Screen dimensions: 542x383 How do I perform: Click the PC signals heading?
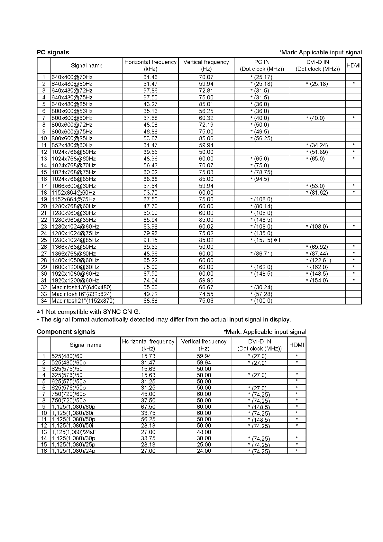pos(53,52)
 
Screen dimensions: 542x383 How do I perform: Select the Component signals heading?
pos(66,332)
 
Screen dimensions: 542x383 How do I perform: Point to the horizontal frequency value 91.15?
pos(150,240)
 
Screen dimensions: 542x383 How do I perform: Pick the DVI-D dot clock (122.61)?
pos(318,260)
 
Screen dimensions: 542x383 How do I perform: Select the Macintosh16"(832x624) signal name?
pos(81,294)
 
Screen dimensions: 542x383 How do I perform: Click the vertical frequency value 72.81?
pos(206,91)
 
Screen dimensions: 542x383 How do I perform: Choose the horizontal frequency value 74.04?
pos(150,280)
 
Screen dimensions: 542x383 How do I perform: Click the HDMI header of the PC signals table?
pos(354,65)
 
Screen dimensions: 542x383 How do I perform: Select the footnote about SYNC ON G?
pos(89,312)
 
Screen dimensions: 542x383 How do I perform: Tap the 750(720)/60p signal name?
pos(68,394)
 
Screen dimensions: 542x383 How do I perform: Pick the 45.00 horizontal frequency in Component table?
pos(148,394)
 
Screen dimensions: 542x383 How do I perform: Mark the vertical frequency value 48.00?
pos(204,432)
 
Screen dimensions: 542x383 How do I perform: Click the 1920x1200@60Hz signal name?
pos(75,280)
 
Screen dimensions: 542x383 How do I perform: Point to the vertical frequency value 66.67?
pos(206,287)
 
